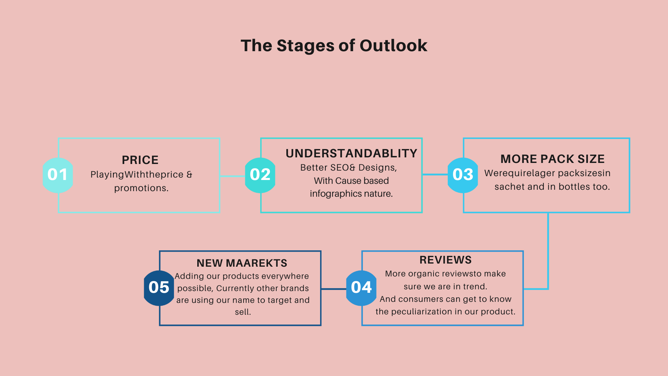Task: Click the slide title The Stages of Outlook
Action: [x=334, y=46]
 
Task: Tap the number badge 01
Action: [x=58, y=175]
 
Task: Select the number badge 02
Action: [x=260, y=175]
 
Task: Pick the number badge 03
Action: [x=463, y=175]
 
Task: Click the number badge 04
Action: [x=361, y=288]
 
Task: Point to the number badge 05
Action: [x=159, y=288]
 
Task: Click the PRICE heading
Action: [x=140, y=160]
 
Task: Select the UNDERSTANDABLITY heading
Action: [x=351, y=154]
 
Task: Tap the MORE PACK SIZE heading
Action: [x=552, y=159]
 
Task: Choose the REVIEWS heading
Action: [x=446, y=260]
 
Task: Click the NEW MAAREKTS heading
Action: [x=242, y=263]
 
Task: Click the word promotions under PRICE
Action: [x=141, y=188]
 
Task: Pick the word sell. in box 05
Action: [x=243, y=312]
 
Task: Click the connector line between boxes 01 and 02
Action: [x=232, y=176]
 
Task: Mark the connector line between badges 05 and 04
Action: [x=334, y=289]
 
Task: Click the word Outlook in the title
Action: [x=393, y=46]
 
